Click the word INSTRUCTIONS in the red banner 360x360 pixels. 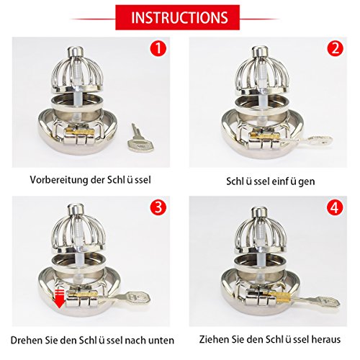pos(179,17)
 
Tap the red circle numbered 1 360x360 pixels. pos(158,48)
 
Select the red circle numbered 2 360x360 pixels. pos(336,48)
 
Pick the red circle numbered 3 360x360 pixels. pos(158,207)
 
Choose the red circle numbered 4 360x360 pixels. pos(335,207)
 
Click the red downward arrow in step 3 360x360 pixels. pos(59,299)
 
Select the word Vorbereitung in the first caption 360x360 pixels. pos(59,180)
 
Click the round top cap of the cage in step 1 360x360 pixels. pos(76,51)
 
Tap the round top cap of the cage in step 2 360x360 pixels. pos(260,51)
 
